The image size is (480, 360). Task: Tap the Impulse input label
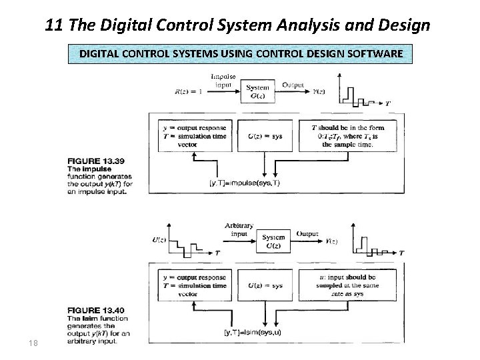click(224, 81)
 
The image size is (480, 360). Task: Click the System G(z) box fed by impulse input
click(257, 91)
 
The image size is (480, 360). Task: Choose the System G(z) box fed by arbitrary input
click(274, 241)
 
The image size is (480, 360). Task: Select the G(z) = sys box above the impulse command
click(265, 136)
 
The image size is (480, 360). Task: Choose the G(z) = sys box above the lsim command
click(265, 285)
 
